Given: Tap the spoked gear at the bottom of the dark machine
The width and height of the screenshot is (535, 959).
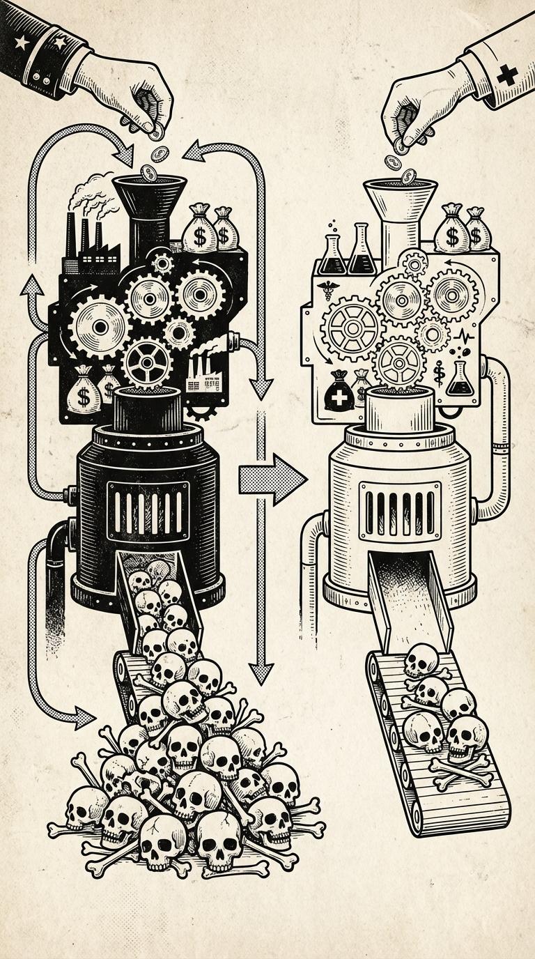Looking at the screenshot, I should pyautogui.click(x=147, y=361).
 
